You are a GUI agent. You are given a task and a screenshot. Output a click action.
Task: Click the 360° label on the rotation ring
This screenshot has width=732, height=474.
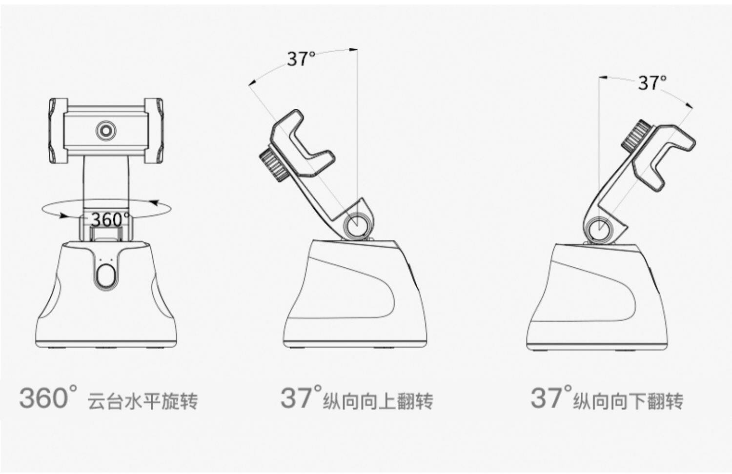110,219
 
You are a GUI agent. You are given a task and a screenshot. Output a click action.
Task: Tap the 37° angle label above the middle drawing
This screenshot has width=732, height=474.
301,59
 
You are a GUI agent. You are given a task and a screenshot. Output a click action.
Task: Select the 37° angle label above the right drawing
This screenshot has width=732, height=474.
652,83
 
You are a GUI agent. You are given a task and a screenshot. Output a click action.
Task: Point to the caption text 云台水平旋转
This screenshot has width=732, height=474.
142,401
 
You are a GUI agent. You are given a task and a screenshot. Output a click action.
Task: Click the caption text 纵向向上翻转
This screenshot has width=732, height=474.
378,401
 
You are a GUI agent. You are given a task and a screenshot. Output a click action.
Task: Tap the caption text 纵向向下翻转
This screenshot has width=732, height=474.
628,401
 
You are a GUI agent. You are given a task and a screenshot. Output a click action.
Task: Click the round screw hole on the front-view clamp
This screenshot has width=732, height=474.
105,131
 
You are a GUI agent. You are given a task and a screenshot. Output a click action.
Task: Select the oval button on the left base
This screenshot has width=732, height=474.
105,276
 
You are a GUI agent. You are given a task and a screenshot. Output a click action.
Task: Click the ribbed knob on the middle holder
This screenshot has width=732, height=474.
273,166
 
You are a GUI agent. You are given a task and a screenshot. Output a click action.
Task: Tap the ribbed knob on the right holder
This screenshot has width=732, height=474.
635,136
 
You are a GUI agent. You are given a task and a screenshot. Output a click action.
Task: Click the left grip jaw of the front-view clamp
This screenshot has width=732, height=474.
58,130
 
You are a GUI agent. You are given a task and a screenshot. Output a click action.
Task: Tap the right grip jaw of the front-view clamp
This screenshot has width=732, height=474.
154,130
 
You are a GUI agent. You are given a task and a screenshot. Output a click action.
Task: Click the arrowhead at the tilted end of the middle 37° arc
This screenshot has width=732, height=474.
251,84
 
